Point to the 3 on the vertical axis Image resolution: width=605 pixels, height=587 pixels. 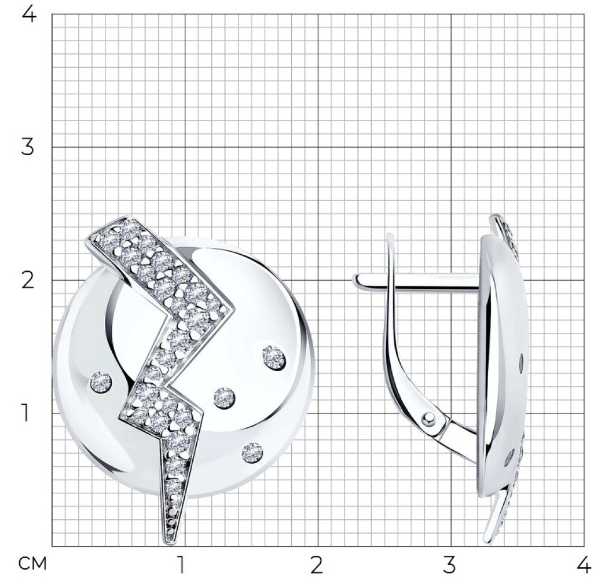pos(27,147)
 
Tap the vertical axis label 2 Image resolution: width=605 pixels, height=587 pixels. pos(28,280)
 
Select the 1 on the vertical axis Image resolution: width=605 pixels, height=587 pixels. pos(25,413)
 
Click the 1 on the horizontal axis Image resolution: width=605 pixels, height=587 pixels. pos(180,566)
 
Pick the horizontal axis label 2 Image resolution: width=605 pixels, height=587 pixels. pos(316,566)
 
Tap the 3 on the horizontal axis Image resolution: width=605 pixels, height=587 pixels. pos(449,566)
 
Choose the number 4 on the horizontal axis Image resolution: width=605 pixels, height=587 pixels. pos(584,566)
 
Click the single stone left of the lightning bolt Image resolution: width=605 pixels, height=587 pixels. pos(101,381)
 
